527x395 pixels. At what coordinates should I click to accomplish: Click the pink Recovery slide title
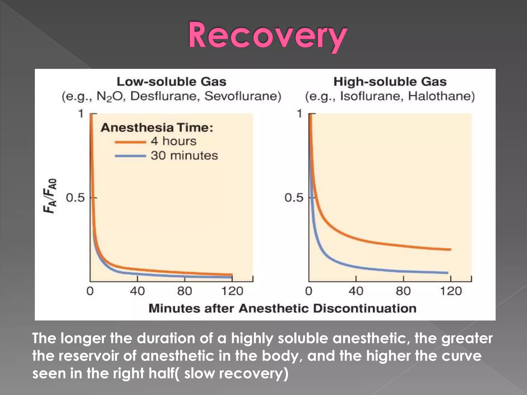268,36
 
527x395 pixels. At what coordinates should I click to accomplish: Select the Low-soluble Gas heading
171,82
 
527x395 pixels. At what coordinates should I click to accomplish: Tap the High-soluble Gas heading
390,82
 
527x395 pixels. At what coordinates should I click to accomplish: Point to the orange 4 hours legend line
130,142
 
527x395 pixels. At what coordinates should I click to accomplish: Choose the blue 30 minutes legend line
130,156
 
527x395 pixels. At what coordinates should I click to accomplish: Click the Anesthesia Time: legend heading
157,128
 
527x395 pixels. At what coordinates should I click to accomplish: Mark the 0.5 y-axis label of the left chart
75,198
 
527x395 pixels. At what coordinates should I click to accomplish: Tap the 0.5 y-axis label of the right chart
294,198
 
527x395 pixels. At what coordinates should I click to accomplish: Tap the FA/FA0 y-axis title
50,196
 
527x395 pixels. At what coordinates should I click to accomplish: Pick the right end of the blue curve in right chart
447,273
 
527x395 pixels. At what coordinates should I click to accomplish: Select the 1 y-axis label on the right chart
299,113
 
